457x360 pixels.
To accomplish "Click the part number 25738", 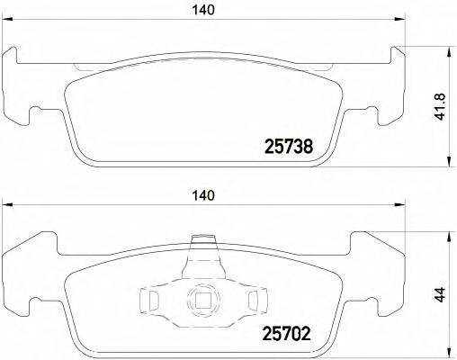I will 287,146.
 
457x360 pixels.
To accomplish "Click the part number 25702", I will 287,334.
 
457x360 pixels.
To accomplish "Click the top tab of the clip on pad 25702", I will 206,242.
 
